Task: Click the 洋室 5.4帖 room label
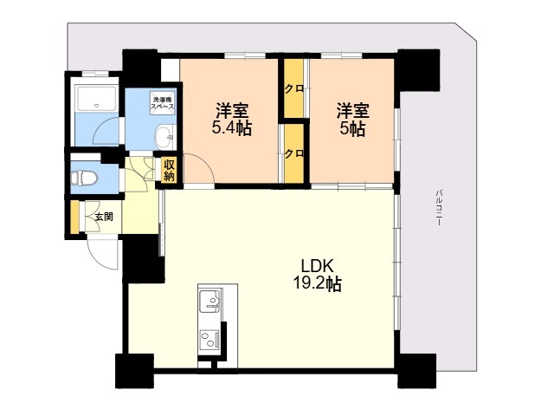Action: (232, 120)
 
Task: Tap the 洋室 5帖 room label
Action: (352, 120)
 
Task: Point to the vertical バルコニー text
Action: (439, 207)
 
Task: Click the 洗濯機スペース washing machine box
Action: (162, 102)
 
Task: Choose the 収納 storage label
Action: (170, 170)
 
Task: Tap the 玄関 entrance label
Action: (103, 217)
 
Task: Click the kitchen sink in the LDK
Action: (210, 302)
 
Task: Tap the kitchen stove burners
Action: (210, 339)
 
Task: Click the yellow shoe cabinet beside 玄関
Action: (74, 218)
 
